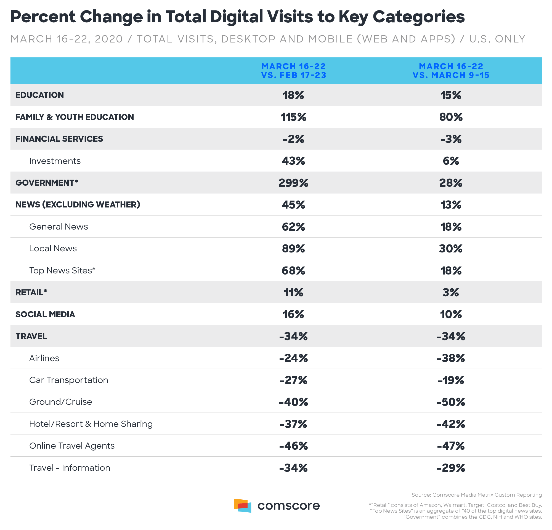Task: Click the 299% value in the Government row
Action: [293, 183]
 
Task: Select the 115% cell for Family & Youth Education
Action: [293, 117]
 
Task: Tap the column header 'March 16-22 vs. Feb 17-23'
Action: [293, 71]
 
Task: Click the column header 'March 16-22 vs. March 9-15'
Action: [451, 71]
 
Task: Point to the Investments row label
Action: [55, 161]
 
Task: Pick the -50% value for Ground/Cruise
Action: [451, 402]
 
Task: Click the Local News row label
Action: [53, 249]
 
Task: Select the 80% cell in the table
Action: [451, 117]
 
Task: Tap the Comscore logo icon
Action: [243, 505]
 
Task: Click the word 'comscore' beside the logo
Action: [289, 506]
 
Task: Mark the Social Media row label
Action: [45, 315]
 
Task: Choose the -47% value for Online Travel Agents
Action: [451, 446]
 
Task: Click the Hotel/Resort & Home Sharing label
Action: [91, 424]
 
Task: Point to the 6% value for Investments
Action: [451, 161]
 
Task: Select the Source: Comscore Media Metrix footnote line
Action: [477, 495]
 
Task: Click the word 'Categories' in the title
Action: [418, 17]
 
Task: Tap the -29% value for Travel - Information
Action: [451, 468]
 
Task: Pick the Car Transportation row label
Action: [69, 380]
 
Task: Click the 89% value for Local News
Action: [293, 249]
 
